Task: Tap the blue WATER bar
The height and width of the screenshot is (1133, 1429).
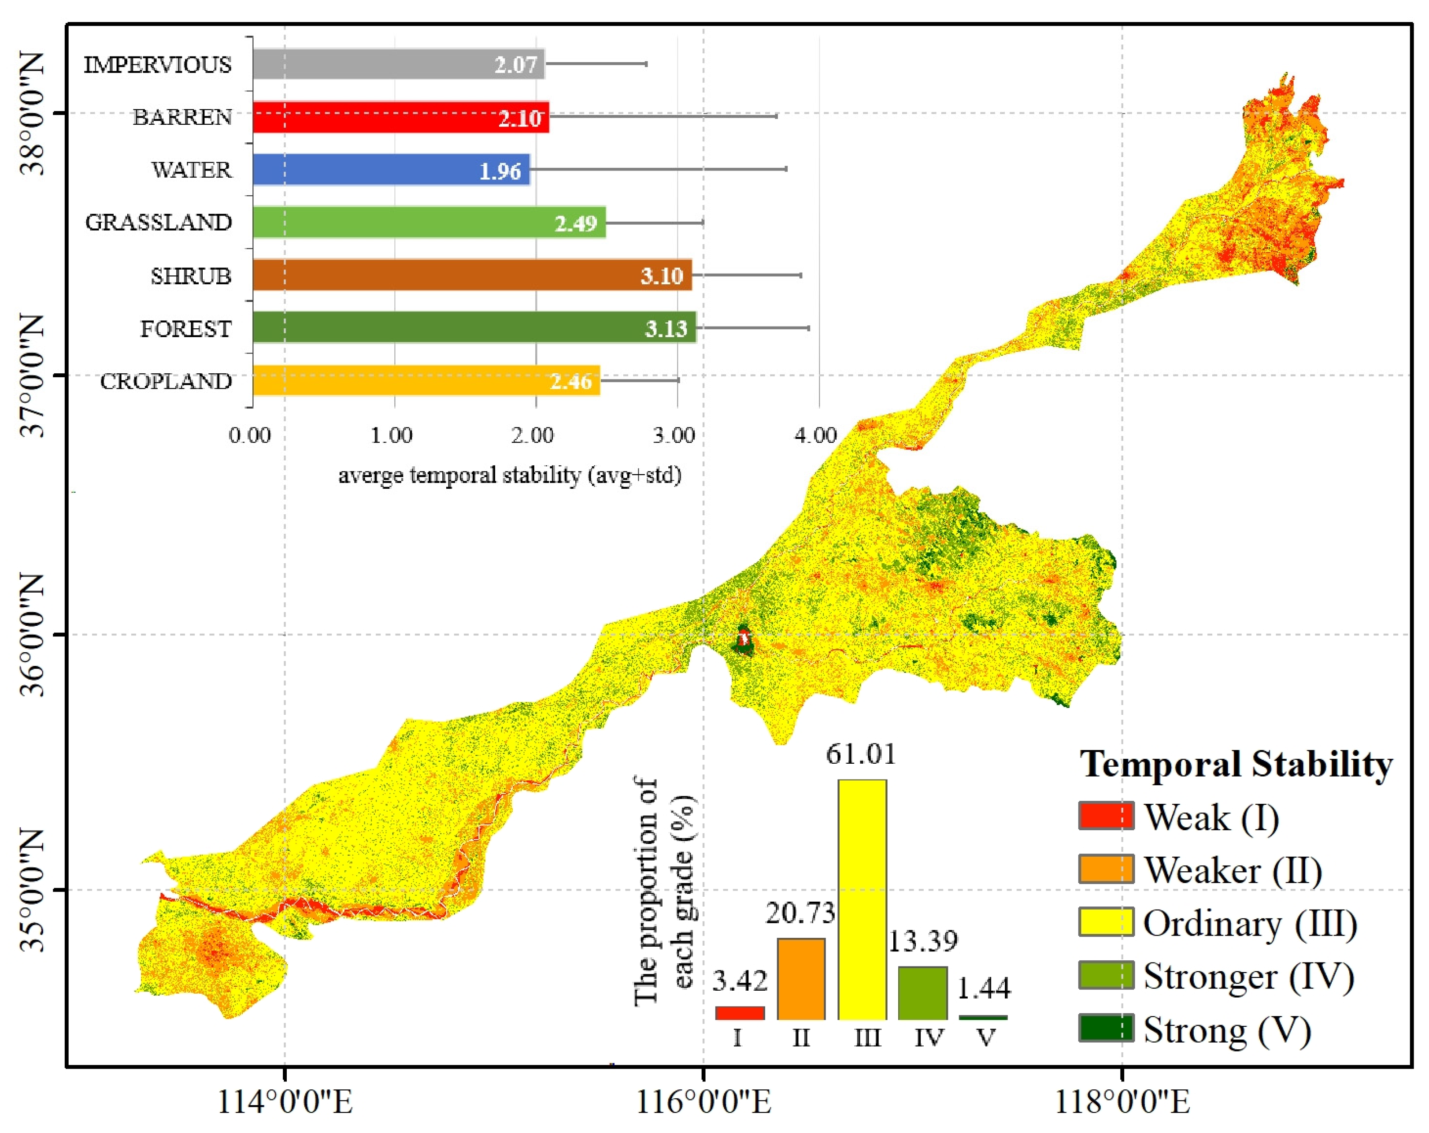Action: [391, 170]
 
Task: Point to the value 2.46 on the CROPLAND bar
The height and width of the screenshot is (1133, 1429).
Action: [570, 381]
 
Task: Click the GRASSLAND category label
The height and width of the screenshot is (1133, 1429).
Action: [159, 223]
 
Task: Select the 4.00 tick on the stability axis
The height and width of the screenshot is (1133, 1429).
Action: [815, 435]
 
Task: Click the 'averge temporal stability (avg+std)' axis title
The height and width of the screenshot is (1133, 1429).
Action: [510, 475]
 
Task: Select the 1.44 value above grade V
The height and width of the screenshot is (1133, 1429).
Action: [984, 988]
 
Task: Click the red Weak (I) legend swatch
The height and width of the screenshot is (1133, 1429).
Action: [1106, 816]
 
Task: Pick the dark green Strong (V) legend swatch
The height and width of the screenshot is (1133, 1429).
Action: [1106, 1028]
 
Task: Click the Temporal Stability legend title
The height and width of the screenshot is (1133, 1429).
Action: [1236, 765]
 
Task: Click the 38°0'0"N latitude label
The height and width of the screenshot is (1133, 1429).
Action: [32, 113]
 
